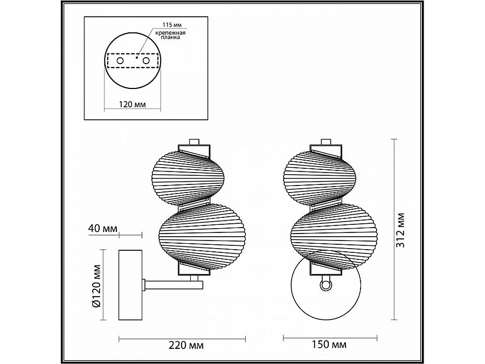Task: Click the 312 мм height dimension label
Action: [x=401, y=230]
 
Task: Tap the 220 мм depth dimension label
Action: [x=186, y=345]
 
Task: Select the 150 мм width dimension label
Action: [x=329, y=344]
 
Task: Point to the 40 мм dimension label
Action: [x=103, y=229]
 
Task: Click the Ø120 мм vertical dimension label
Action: [x=96, y=286]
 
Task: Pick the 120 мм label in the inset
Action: [x=133, y=104]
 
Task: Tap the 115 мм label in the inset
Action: [x=172, y=25]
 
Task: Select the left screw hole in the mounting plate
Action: [x=120, y=60]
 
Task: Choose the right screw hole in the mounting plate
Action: [x=146, y=60]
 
